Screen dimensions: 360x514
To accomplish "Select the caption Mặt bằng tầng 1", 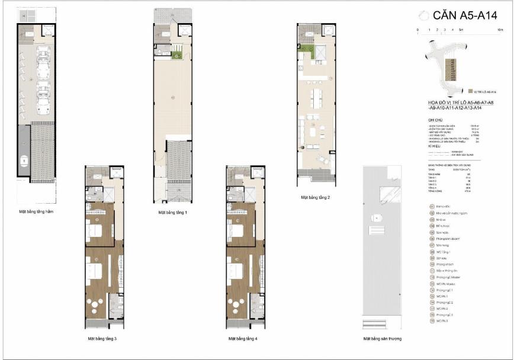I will tap(173, 212).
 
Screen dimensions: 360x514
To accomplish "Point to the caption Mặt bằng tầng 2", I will tap(315, 197).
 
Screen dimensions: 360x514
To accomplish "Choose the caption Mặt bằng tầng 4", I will tap(243, 339).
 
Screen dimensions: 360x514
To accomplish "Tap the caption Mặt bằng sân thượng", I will tap(382, 339).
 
